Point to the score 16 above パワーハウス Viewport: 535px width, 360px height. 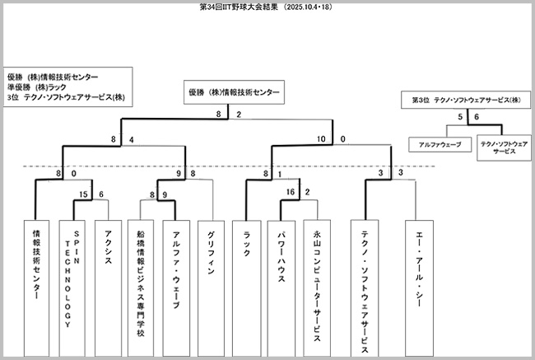[x=291, y=192]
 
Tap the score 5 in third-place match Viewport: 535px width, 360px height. [x=461, y=119]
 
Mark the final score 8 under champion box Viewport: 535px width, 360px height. [x=219, y=115]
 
